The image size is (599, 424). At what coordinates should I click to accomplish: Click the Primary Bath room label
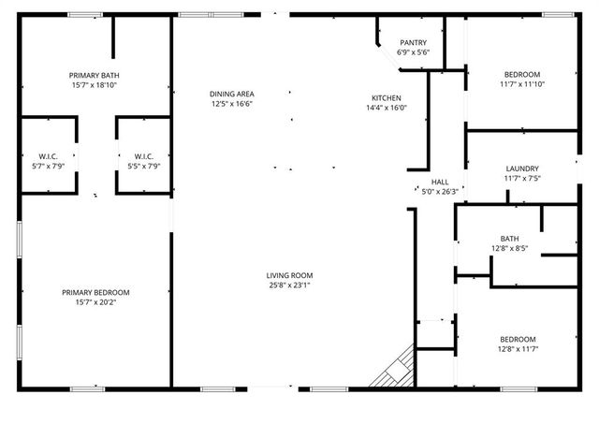94,75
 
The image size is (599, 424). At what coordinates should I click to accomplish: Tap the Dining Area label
232,94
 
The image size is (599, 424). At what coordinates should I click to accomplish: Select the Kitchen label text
387,98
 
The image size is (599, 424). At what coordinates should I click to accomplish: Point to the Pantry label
413,43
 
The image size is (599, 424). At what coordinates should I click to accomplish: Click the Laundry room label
522,168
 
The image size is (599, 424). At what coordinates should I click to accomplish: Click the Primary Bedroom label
95,293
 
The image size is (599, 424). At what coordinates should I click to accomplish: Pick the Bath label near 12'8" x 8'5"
509,239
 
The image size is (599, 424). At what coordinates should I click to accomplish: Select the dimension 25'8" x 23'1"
288,285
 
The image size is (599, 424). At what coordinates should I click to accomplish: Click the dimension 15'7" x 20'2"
95,303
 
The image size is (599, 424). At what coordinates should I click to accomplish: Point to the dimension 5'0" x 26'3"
440,192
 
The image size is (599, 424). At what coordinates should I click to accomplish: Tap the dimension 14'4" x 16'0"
387,109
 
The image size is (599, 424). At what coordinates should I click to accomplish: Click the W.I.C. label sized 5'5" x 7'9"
144,156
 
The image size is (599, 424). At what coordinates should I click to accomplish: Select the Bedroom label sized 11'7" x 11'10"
522,75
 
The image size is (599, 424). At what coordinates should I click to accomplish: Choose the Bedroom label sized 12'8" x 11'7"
517,339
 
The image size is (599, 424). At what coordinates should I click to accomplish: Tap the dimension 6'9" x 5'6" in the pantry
413,52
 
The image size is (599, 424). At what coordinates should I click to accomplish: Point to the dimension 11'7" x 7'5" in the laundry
522,178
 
